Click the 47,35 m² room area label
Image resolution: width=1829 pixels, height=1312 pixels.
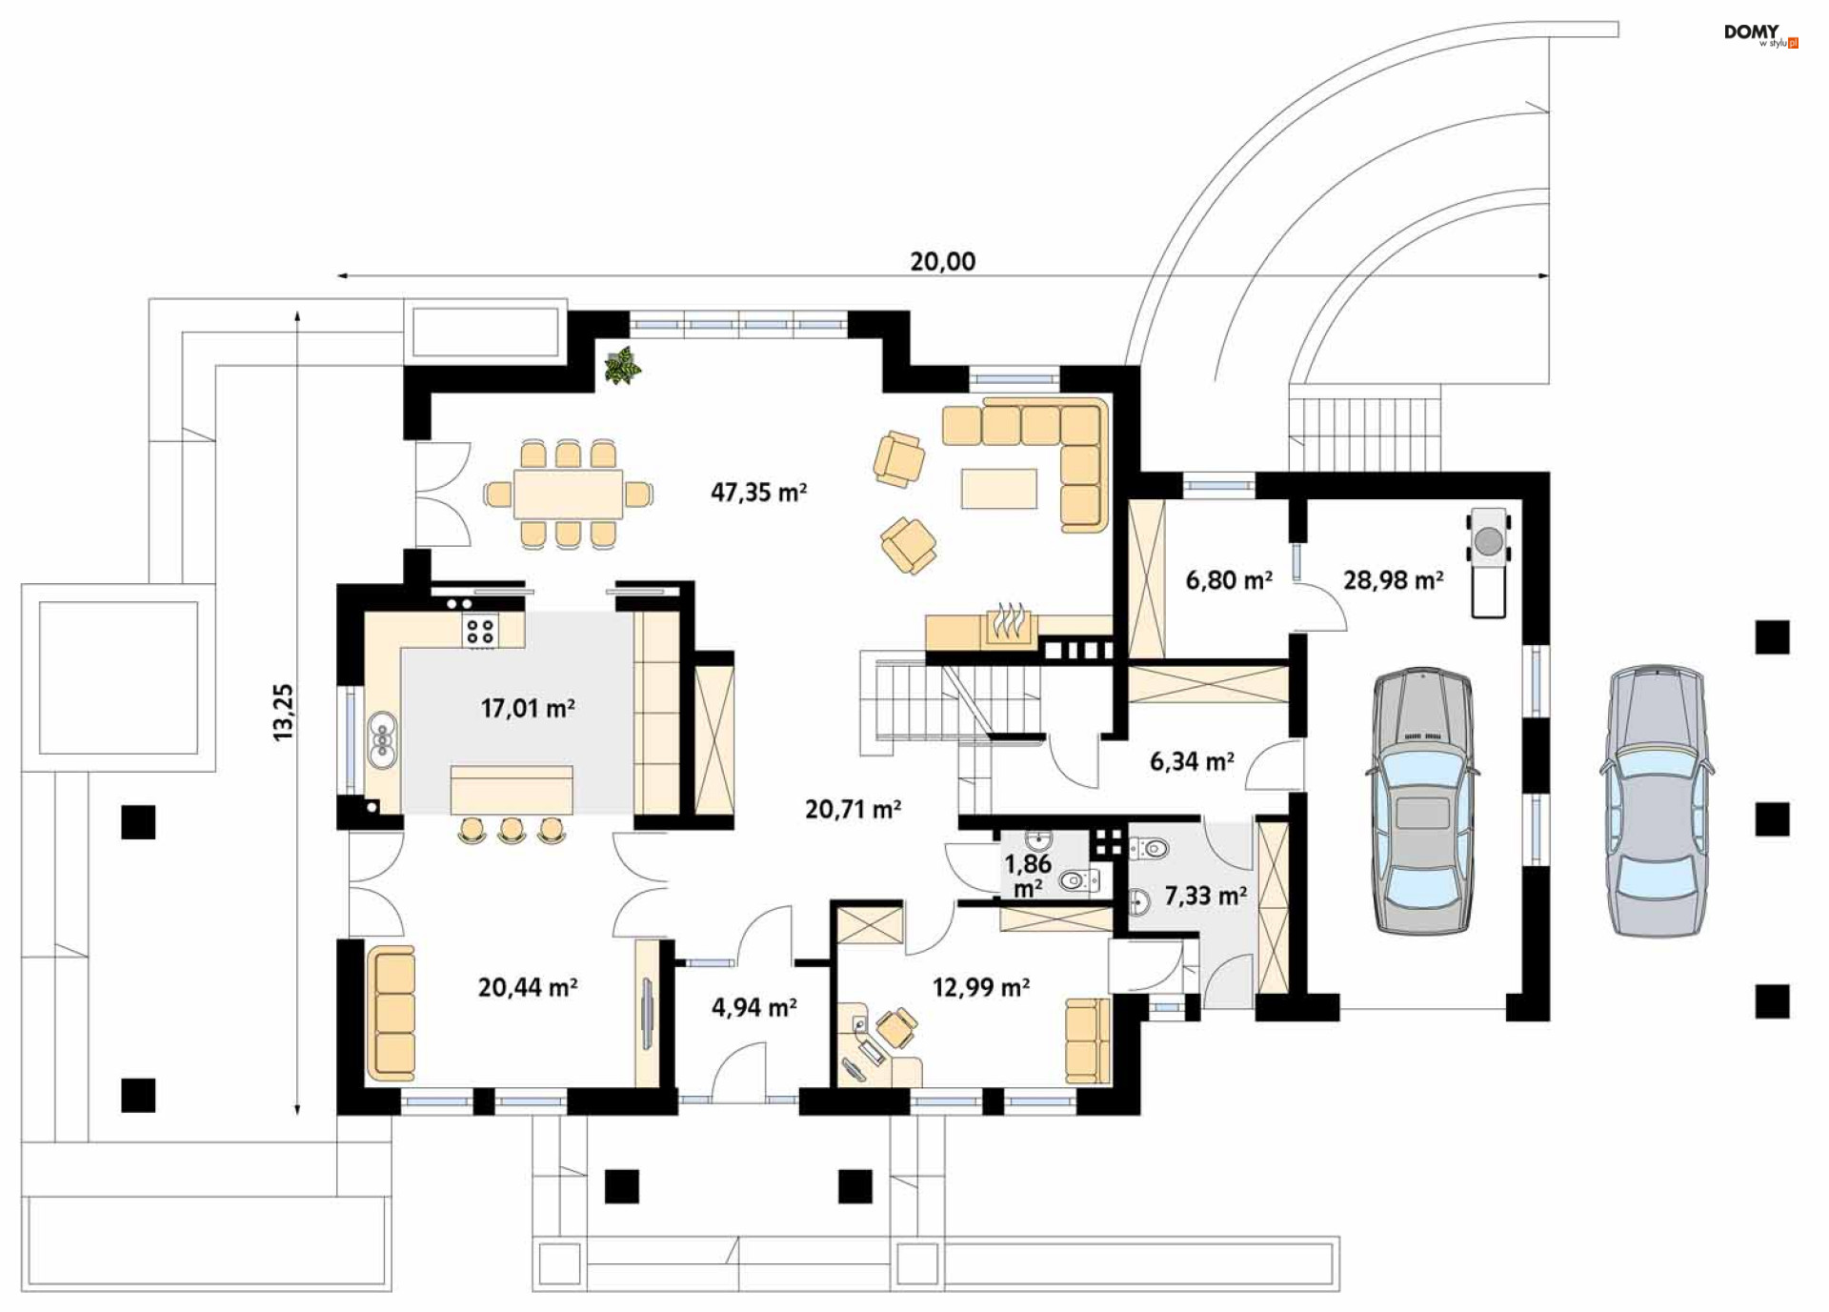pos(758,493)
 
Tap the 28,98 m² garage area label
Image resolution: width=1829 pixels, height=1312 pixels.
pos(1393,580)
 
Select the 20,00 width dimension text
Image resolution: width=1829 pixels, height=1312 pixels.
pos(942,261)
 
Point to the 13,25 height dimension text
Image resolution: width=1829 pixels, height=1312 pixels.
pos(283,712)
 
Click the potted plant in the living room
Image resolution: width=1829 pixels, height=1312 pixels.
pos(622,366)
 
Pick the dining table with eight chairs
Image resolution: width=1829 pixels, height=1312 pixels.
pos(568,494)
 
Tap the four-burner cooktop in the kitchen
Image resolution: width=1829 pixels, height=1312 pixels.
pos(480,631)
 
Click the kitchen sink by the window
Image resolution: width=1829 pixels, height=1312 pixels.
pos(382,739)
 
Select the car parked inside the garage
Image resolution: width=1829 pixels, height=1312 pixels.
pos(1422,800)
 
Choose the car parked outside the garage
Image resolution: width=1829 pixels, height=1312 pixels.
pos(1656,800)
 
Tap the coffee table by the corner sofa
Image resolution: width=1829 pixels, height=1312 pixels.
pos(998,489)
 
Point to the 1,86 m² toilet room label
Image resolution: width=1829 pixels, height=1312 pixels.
pos(1028,876)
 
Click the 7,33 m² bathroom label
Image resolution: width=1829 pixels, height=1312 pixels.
pos(1206,896)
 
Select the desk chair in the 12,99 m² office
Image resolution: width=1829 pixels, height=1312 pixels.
pos(896,1029)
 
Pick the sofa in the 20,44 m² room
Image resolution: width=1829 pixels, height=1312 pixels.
pos(392,1014)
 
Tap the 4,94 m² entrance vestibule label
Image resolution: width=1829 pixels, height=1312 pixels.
pos(754,1007)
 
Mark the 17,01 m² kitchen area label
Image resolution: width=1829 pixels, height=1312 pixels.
pos(528,708)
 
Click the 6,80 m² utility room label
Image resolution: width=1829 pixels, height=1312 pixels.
pos(1229,580)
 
